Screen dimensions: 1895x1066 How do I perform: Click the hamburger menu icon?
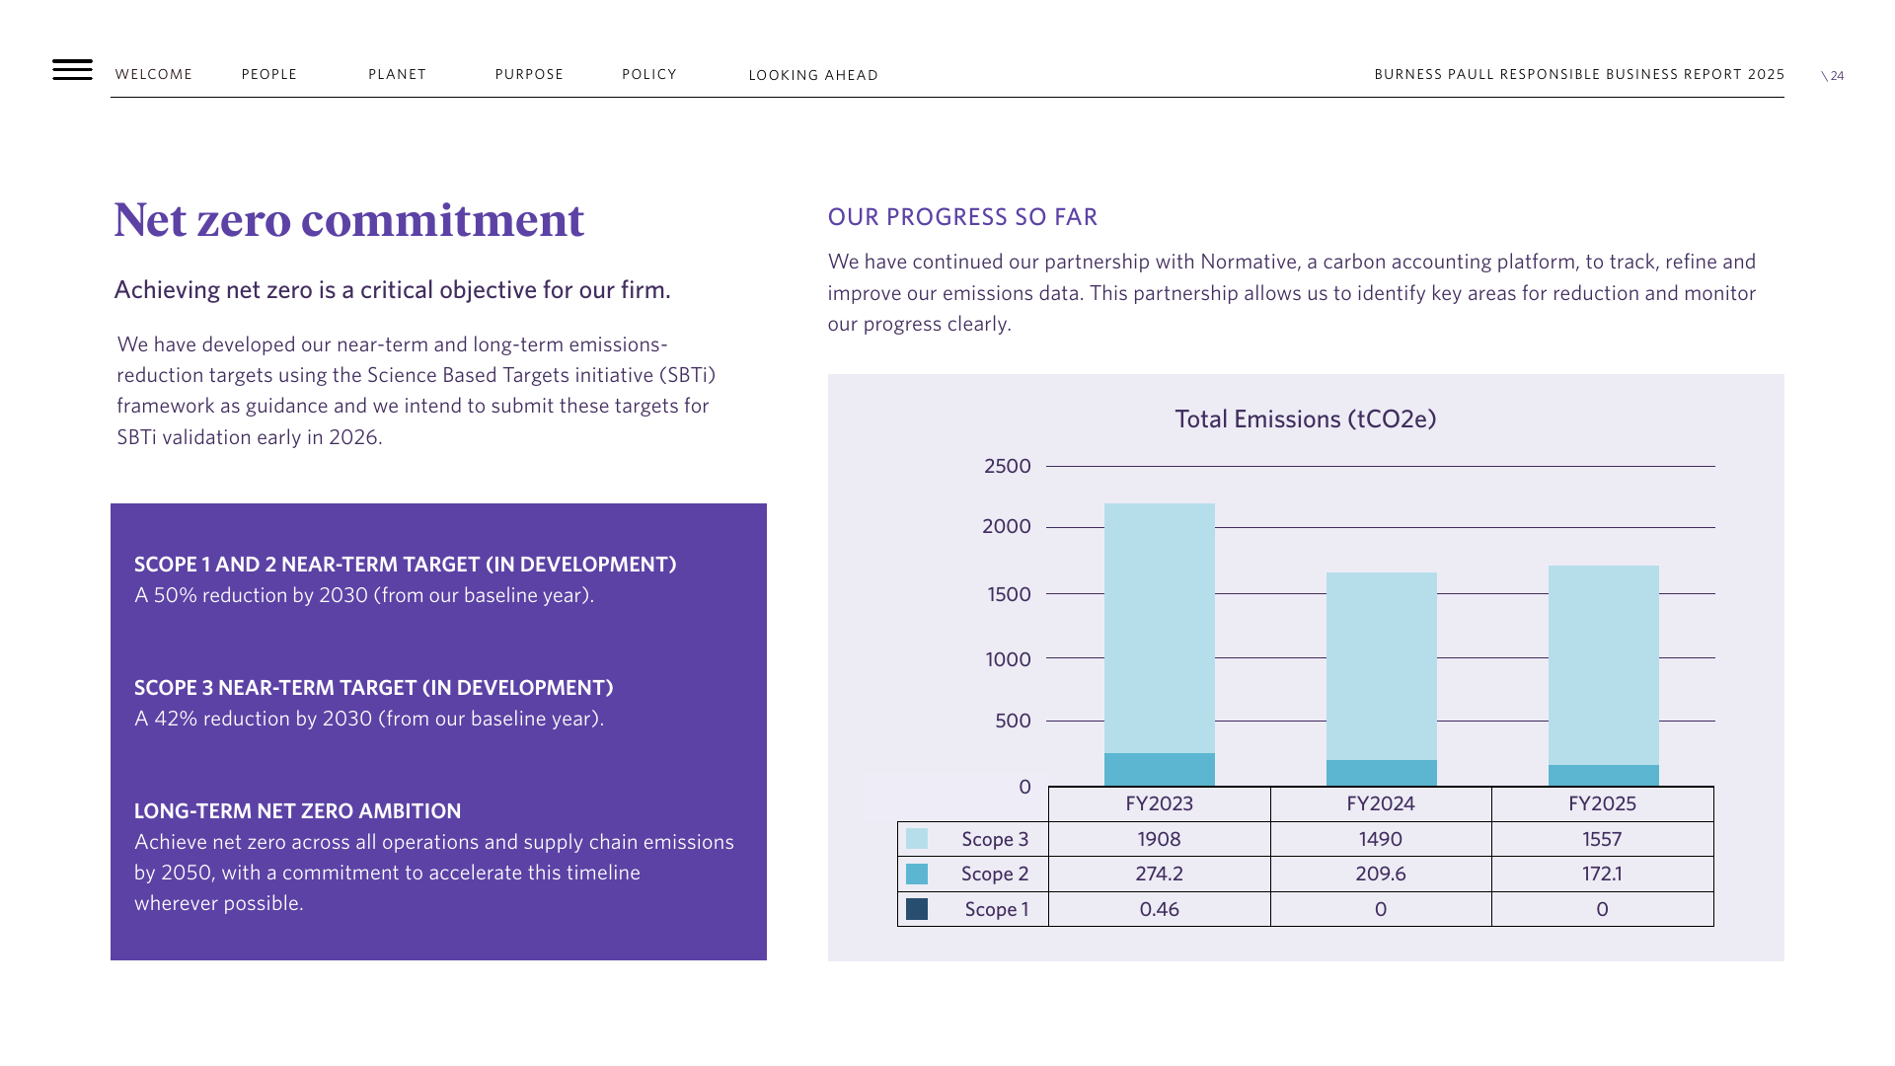coord(72,69)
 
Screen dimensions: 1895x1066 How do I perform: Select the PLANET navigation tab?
coord(397,74)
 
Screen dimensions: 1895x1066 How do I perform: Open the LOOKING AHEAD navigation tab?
coord(813,75)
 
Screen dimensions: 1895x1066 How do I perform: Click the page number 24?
coord(1837,76)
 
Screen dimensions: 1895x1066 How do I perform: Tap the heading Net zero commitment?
coord(349,219)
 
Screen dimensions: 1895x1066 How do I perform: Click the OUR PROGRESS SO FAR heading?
coord(962,217)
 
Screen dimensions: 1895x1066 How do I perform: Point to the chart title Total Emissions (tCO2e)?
coord(1305,419)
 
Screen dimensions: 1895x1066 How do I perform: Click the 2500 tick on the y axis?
coord(1008,466)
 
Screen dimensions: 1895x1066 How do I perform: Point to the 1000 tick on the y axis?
coord(1008,659)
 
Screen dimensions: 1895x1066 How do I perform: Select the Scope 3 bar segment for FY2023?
coord(1160,629)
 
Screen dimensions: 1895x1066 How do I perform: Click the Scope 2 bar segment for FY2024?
coord(1382,773)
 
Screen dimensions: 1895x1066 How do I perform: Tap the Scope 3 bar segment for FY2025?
coord(1604,665)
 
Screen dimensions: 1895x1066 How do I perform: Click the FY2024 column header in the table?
coord(1381,803)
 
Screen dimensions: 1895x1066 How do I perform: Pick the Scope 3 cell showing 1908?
coord(1160,839)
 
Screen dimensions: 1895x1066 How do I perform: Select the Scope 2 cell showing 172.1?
coord(1602,874)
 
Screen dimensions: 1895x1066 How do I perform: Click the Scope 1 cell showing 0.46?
coord(1160,909)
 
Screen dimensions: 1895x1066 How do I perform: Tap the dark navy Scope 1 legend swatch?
coord(917,909)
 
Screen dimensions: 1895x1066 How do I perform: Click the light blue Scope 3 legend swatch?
coord(917,839)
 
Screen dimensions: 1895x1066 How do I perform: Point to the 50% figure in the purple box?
coord(175,595)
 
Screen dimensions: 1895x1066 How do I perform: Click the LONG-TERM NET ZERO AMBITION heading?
coord(297,811)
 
